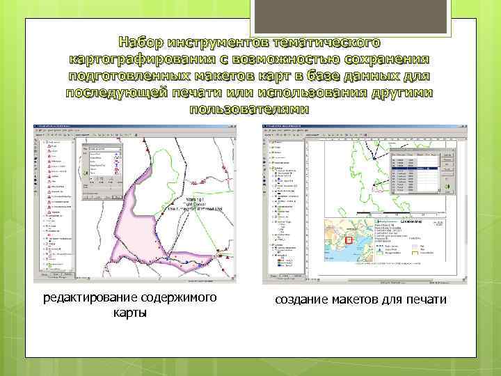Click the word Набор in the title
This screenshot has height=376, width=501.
(145, 42)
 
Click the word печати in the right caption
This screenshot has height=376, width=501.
(425, 299)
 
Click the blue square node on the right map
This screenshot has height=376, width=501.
(374, 159)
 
